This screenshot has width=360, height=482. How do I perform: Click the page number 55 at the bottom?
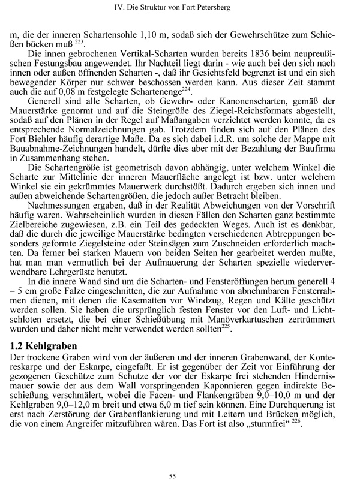pyautogui.click(x=180, y=459)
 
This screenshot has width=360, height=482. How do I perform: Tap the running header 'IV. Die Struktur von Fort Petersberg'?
pyautogui.click(x=180, y=8)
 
